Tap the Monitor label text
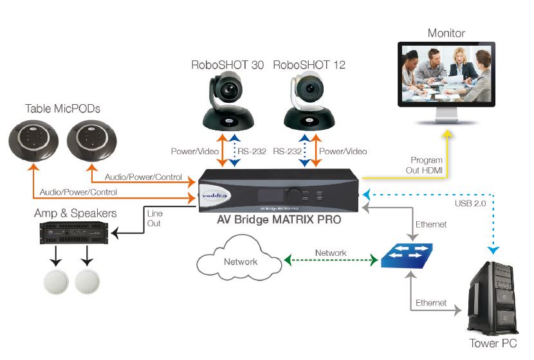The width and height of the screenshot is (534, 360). [447, 33]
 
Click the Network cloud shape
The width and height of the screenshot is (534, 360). [239, 261]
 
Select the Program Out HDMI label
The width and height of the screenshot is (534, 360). [426, 165]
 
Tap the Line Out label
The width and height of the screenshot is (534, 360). [154, 219]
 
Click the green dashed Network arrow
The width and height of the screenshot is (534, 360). [330, 261]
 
